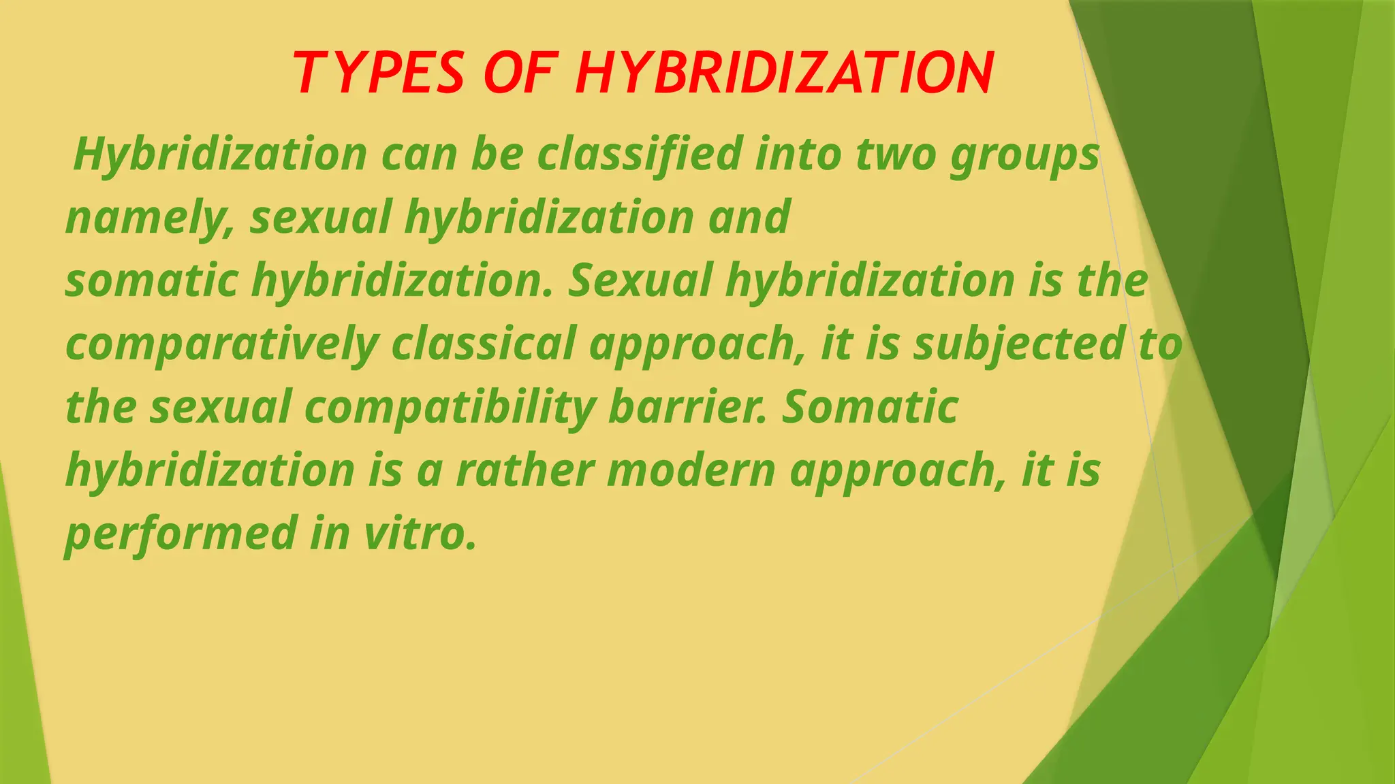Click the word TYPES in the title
click(379, 73)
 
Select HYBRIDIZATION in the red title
click(784, 73)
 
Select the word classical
click(484, 343)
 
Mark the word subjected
click(1019, 344)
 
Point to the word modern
click(691, 470)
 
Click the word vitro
click(420, 533)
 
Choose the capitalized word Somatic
click(870, 407)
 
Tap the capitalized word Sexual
click(640, 280)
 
